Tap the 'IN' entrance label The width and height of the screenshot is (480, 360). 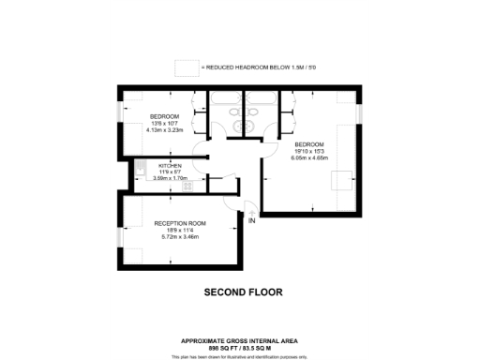point(252,220)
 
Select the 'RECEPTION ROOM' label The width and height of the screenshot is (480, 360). point(181,224)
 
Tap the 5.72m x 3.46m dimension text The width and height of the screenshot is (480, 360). point(181,237)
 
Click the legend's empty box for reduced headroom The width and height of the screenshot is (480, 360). point(187,68)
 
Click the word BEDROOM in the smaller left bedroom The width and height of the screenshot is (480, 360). point(165,116)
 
